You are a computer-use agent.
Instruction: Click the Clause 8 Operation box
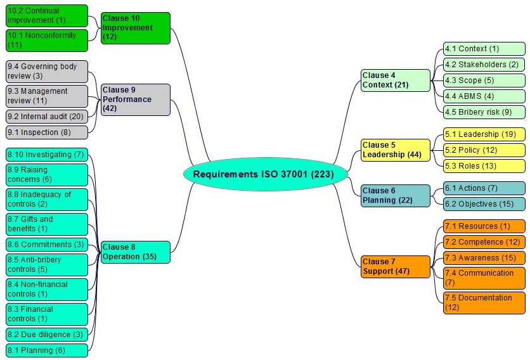135,252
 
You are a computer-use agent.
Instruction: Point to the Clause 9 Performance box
135,100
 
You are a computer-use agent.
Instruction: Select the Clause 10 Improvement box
135,28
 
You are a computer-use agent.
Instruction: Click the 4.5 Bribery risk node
484,112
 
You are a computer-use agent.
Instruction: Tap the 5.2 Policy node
484,150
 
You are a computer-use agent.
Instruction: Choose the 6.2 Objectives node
484,204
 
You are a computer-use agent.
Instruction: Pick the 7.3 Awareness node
484,257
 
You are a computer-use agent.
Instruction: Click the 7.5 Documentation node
484,302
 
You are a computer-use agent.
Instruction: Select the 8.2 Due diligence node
46,334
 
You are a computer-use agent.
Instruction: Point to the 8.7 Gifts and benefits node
46,224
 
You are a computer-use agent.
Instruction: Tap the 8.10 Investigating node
46,155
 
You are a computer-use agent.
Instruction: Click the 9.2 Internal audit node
46,117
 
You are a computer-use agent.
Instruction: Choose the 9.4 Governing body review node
46,71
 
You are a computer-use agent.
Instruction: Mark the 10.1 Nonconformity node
46,40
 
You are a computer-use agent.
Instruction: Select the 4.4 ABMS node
484,96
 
